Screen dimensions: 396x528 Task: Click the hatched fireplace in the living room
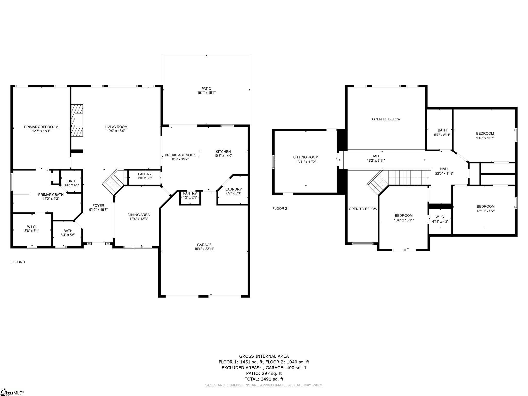pos(77,120)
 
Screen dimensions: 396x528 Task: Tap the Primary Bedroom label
pos(41,127)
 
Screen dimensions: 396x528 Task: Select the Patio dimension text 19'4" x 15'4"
pos(206,93)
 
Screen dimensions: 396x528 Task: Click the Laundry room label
pos(233,189)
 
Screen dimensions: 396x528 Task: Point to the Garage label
pos(204,245)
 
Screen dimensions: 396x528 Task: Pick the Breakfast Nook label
pos(180,155)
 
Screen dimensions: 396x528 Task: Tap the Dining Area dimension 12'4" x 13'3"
pos(139,219)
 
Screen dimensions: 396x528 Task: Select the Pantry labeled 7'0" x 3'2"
pos(145,176)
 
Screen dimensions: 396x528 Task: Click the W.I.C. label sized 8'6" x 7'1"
pos(32,227)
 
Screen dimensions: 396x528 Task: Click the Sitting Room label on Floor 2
pos(306,157)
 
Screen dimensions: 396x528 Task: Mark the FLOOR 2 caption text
pos(279,209)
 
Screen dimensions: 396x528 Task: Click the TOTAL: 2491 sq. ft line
pos(264,379)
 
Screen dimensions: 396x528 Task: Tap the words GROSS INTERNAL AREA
pos(264,356)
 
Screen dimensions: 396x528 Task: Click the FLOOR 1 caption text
pos(18,262)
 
